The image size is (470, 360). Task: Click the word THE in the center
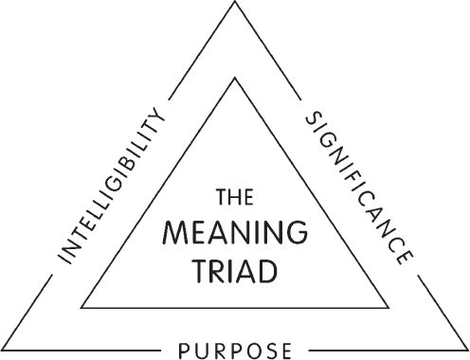(x=233, y=199)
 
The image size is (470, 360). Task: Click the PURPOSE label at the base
(x=233, y=351)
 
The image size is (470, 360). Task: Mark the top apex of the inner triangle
(x=235, y=80)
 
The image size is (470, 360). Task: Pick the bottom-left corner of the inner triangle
(x=82, y=308)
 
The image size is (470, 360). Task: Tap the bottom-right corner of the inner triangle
(x=388, y=308)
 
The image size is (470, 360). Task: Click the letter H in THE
(x=233, y=199)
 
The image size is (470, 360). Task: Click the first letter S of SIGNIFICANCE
(x=309, y=120)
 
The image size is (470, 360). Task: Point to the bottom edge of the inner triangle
(x=235, y=308)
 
